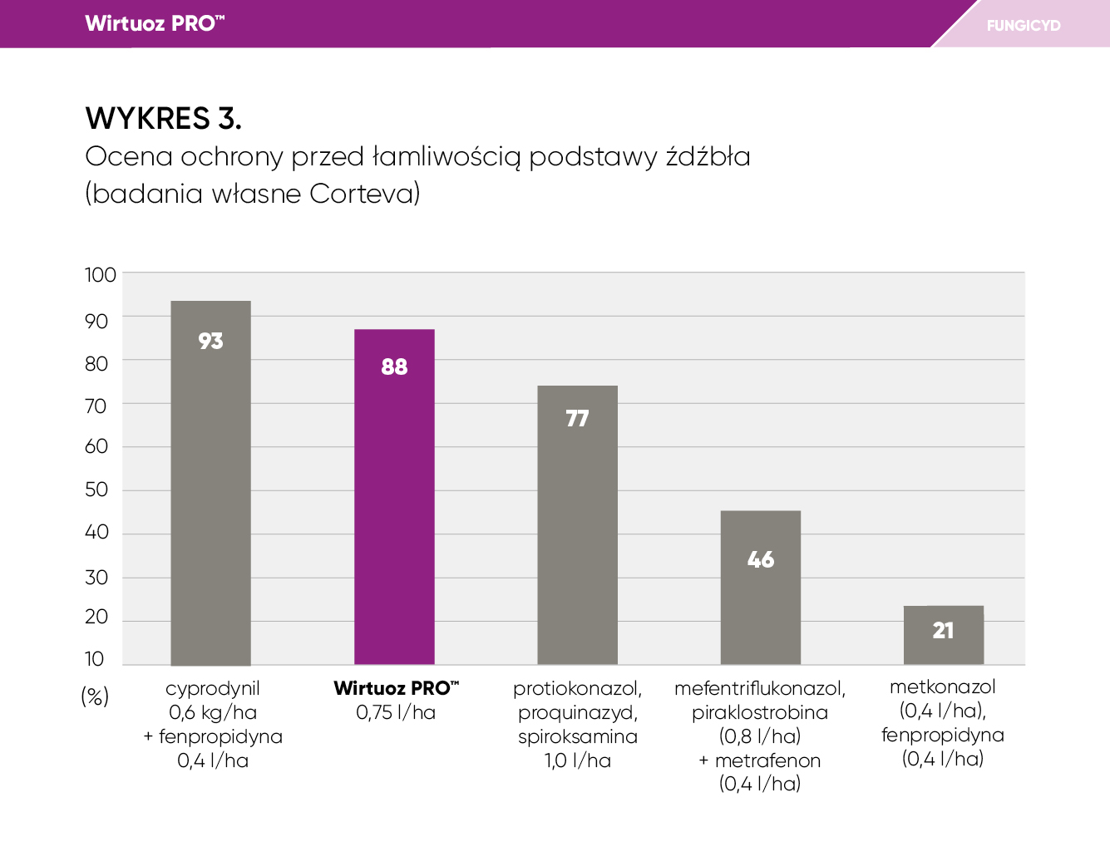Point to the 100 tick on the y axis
(101, 275)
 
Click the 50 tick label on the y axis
(96, 490)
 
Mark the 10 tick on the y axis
(95, 659)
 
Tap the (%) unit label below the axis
(95, 696)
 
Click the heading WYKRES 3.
(164, 119)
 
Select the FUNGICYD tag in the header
(1024, 26)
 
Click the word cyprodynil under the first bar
(213, 688)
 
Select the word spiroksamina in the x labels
(578, 736)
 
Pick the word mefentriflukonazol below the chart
(760, 688)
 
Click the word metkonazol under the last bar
(943, 686)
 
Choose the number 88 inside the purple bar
(394, 367)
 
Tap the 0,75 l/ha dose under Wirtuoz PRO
(396, 712)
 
